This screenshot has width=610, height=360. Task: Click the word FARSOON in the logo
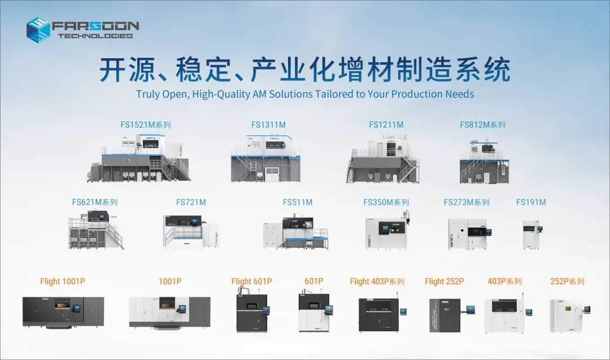coord(95,26)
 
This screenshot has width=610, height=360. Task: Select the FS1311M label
coord(268,125)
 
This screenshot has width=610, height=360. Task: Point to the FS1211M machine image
coord(382,159)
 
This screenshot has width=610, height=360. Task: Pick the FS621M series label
coord(94,202)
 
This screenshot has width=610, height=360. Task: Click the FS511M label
coord(298,202)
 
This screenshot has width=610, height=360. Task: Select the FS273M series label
coord(467,202)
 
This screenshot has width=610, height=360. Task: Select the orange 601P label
coord(313,281)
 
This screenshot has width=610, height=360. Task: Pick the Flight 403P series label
coord(377,281)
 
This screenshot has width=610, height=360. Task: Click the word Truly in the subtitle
coord(149,94)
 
